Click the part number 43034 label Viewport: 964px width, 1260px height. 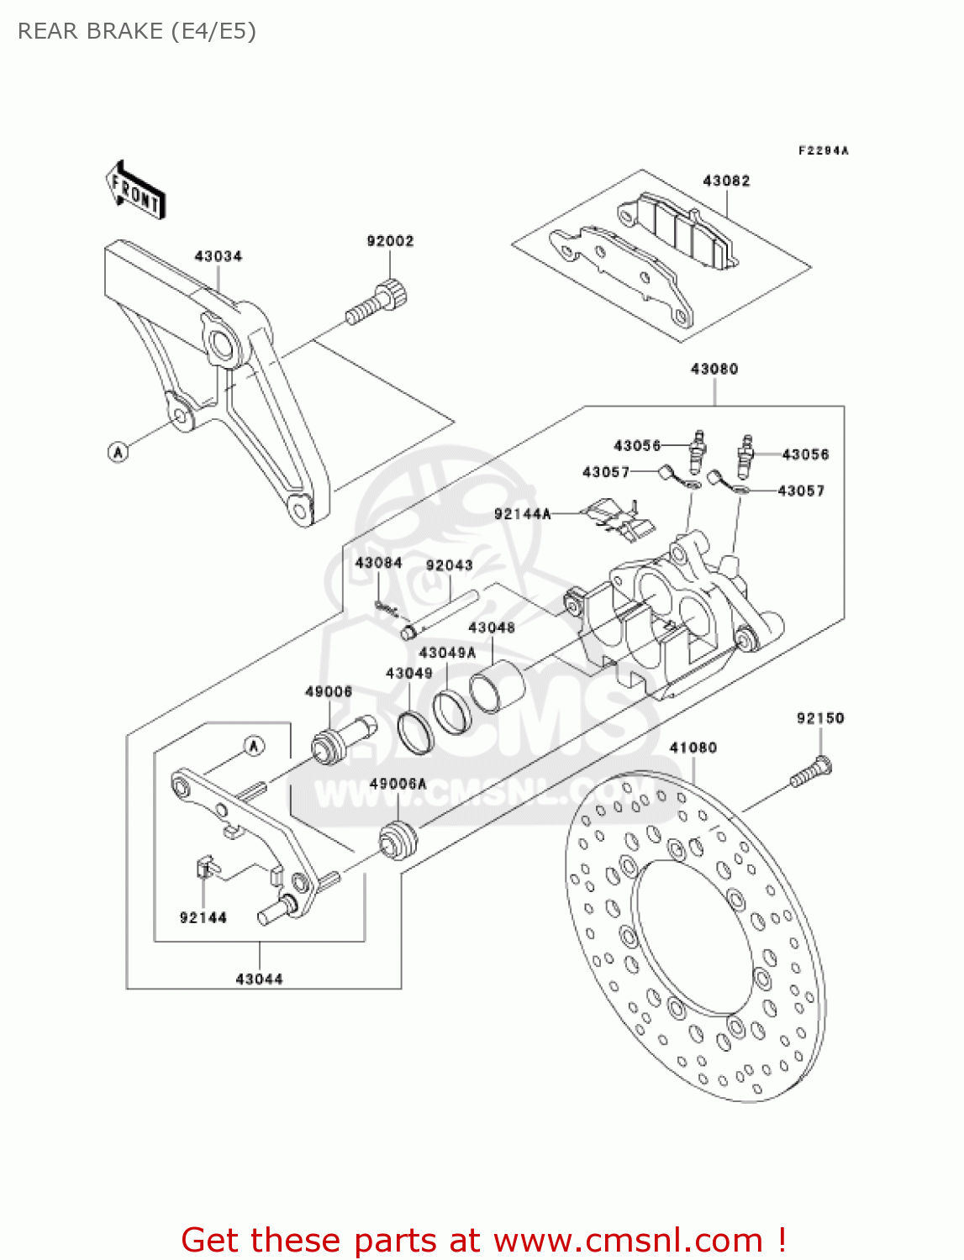click(218, 256)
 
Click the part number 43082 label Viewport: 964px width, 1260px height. click(726, 181)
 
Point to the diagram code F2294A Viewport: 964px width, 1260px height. click(823, 151)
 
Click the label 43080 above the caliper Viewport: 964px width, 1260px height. click(714, 369)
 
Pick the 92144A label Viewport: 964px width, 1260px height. click(522, 514)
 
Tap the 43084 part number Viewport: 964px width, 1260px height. click(378, 563)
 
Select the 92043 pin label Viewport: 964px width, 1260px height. click(449, 565)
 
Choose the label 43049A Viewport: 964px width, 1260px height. click(447, 653)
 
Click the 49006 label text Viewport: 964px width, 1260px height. click(328, 691)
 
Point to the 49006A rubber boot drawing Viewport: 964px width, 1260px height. click(398, 841)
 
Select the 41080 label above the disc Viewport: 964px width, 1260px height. click(693, 748)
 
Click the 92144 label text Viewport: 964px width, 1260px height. click(203, 917)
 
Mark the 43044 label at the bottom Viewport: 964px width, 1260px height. click(259, 979)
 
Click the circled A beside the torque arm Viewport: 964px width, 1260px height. click(119, 452)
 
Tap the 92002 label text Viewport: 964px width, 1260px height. click(390, 241)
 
